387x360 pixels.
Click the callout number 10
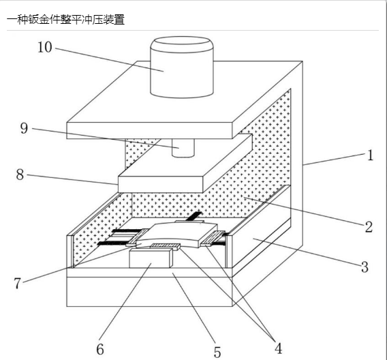[x=45, y=47]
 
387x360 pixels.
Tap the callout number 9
[x=24, y=129]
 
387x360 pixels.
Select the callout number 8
[x=20, y=175]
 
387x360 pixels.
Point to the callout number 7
[x=17, y=283]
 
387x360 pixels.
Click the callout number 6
[x=100, y=349]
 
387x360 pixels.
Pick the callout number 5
[x=217, y=352]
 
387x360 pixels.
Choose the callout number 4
[x=279, y=348]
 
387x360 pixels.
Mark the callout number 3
[x=365, y=267]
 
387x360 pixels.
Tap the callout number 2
[x=369, y=227]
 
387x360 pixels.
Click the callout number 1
[x=370, y=155]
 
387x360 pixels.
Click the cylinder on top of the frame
[x=182, y=67]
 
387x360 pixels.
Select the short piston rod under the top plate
[x=183, y=148]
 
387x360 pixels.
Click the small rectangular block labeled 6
[x=151, y=258]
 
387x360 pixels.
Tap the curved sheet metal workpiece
[x=177, y=235]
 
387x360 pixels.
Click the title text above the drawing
[x=65, y=19]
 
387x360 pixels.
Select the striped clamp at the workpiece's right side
[x=213, y=239]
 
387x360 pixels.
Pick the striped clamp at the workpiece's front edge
[x=165, y=246]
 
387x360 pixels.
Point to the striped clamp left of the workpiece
[x=137, y=237]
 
